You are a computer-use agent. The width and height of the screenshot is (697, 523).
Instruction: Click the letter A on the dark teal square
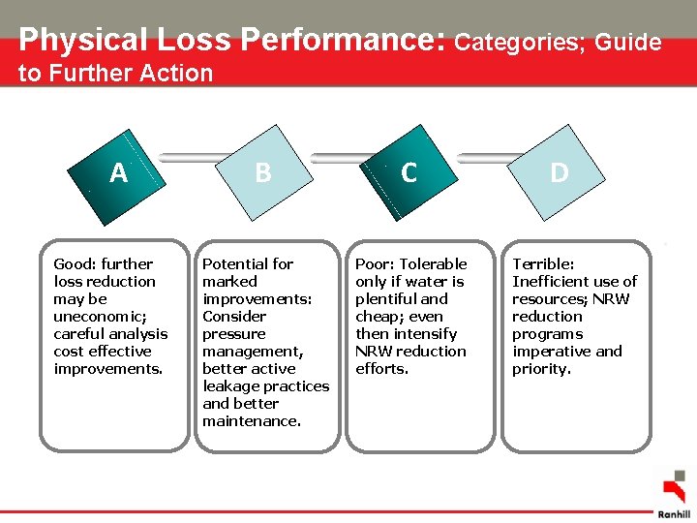118,172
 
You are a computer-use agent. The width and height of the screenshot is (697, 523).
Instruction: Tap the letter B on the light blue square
262,172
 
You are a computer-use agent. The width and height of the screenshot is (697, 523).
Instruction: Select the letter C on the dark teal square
409,172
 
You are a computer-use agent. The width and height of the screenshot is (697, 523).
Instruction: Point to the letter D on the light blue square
559,172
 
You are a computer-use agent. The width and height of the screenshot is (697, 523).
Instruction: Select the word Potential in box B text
234,263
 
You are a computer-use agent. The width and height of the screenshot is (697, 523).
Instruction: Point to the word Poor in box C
375,263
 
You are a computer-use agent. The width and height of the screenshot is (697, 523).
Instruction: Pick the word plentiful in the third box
387,298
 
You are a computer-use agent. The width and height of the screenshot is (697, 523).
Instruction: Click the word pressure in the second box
233,333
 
